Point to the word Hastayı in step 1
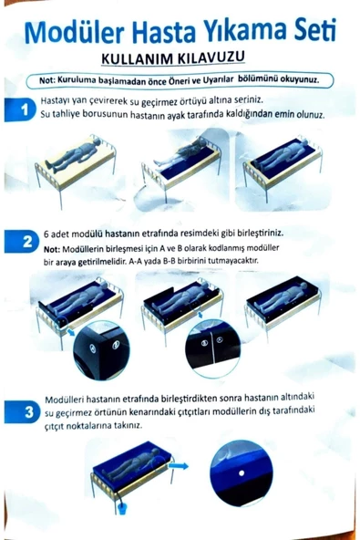tap(60, 100)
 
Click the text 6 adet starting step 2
tap(60, 234)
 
